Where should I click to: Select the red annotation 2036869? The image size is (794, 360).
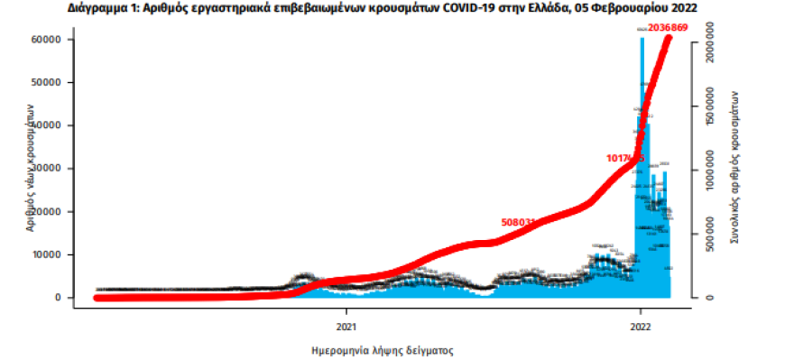pos(664,29)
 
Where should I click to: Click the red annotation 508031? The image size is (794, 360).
pos(519,221)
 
